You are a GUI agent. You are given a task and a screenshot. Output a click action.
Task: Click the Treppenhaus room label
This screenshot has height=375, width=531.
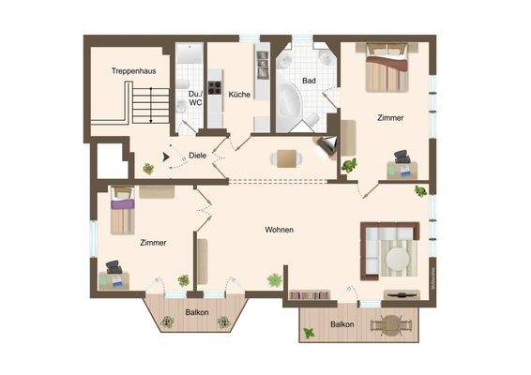(x=132, y=70)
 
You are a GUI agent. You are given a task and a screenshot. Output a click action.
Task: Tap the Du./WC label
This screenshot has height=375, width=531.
(x=195, y=97)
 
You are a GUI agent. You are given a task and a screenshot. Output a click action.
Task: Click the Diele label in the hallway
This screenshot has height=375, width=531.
(x=198, y=156)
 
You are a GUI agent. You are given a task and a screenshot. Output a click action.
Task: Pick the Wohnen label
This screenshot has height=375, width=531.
(x=279, y=230)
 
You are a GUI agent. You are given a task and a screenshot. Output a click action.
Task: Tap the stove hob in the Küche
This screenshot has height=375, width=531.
(x=213, y=90)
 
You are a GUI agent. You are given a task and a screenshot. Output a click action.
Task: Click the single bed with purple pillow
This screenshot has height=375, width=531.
(x=122, y=213)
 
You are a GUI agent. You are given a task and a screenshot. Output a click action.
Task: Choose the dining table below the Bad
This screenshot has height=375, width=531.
(x=288, y=158)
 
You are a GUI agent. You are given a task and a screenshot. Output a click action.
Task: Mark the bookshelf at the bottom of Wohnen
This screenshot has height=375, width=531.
(x=310, y=296)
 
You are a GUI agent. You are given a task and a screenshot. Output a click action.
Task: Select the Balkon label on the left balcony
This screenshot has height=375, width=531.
(x=196, y=311)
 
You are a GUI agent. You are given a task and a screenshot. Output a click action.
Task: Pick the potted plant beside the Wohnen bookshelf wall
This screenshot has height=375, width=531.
(x=274, y=280)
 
